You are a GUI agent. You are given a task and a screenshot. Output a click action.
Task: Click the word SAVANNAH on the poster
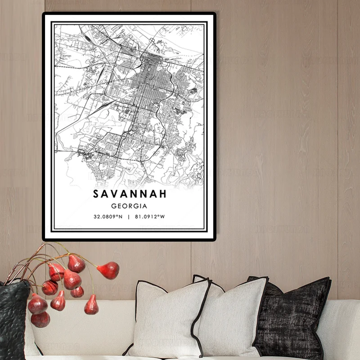click(x=130, y=194)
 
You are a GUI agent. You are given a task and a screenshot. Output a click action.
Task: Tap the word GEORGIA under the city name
click(x=130, y=206)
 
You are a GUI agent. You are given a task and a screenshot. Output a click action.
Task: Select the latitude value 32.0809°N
click(x=108, y=216)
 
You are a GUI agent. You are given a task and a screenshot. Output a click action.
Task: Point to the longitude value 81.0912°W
click(x=150, y=216)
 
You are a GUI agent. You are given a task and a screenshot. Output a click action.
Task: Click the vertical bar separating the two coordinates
click(x=129, y=216)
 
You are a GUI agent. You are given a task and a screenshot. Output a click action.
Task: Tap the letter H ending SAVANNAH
click(x=162, y=194)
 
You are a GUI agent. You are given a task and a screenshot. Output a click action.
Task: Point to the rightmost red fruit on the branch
click(x=108, y=270)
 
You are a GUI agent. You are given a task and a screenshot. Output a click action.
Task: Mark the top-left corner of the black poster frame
click(x=44, y=13)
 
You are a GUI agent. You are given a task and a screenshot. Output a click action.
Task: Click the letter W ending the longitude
click(x=163, y=216)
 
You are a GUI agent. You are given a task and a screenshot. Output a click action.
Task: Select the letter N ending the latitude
click(x=121, y=216)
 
